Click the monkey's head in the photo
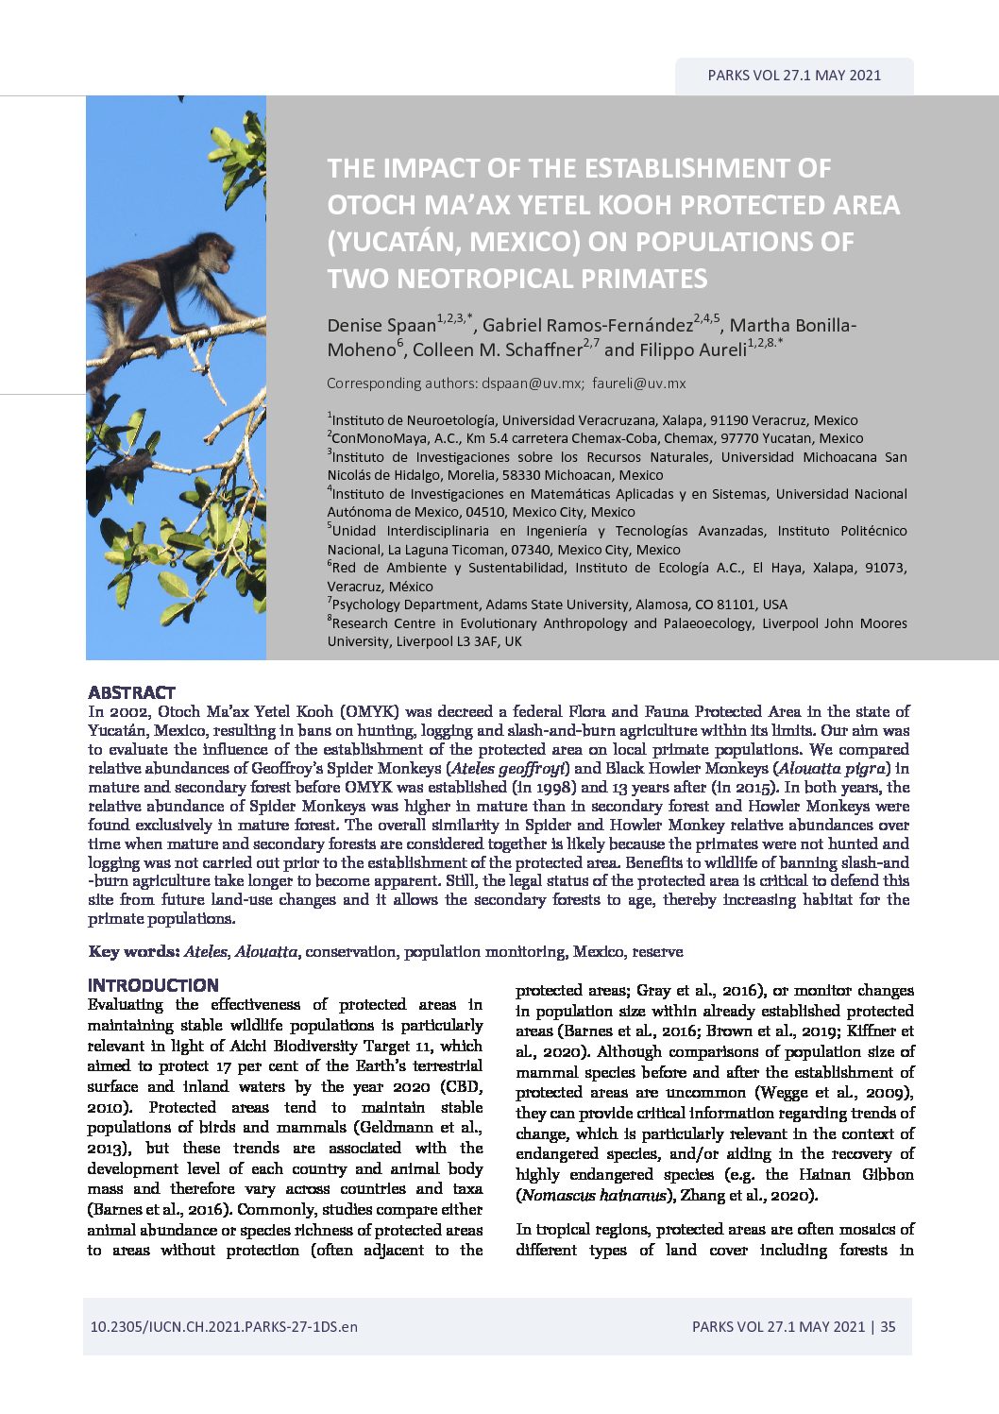pos(218,250)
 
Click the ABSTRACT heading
pos(131,692)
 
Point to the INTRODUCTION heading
pos(153,985)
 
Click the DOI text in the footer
pos(224,1326)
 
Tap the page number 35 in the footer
pos(888,1326)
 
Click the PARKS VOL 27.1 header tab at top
pos(793,76)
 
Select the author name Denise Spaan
pos(381,326)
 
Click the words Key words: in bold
pos(133,951)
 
